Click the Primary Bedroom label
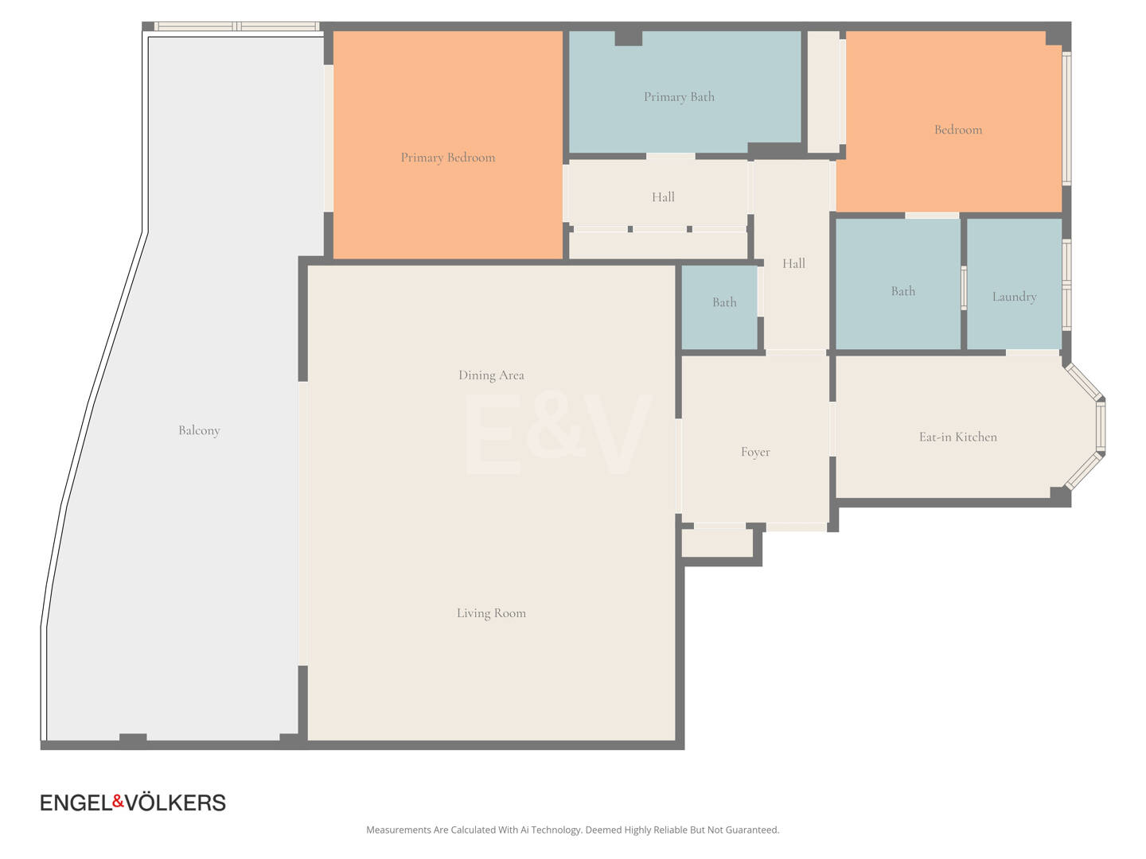[x=447, y=157]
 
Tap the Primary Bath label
[x=679, y=97]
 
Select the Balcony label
[x=199, y=430]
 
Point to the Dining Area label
[x=491, y=375]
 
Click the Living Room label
[x=491, y=612]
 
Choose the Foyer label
[x=755, y=452]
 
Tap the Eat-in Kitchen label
[x=957, y=437]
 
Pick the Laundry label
[x=1014, y=297]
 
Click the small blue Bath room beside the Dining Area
[x=719, y=307]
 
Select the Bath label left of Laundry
[x=902, y=291]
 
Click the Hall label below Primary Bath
[x=663, y=197]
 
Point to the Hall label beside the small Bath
[x=793, y=263]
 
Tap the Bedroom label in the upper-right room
[x=958, y=130]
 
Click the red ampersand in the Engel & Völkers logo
[x=118, y=801]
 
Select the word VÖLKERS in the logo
[x=175, y=803]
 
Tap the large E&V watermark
[x=558, y=434]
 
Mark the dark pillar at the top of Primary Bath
[x=628, y=38]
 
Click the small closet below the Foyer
[x=717, y=543]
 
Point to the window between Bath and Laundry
[x=963, y=288]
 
